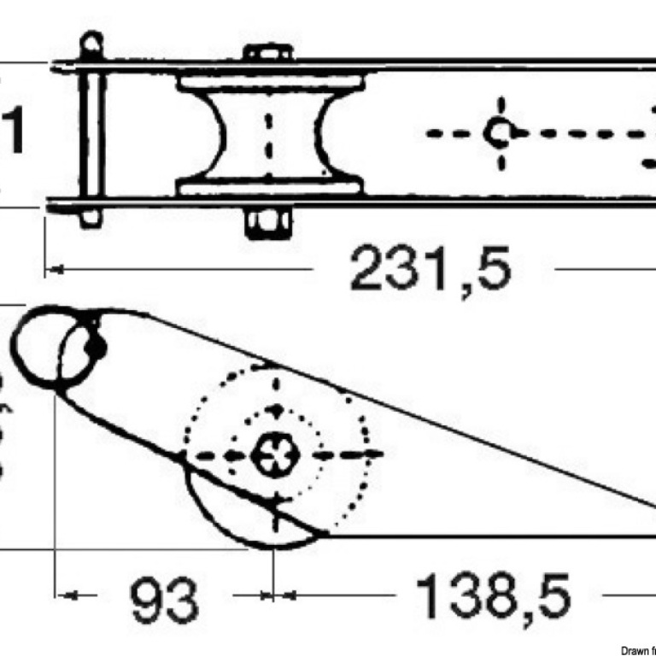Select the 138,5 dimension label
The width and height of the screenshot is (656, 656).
[493, 597]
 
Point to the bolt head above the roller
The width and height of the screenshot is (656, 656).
[268, 53]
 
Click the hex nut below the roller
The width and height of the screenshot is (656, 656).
[268, 224]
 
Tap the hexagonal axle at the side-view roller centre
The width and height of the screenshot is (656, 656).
[275, 453]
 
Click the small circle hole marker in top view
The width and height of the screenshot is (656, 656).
[498, 133]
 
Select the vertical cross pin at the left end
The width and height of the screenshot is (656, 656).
[92, 132]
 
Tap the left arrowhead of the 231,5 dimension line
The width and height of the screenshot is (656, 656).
[53, 270]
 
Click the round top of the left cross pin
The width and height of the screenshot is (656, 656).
[91, 40]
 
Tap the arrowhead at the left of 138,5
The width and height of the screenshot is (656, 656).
[287, 594]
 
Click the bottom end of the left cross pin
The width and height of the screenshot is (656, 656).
[91, 220]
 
